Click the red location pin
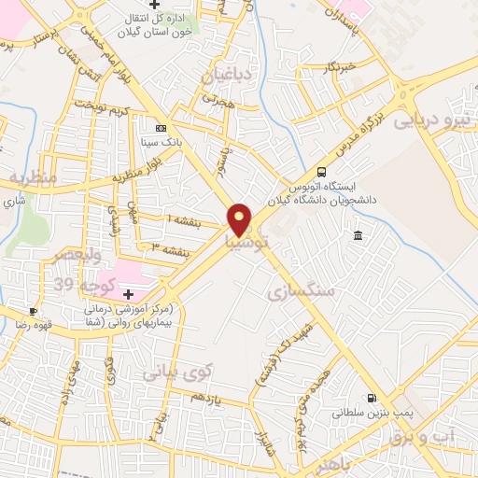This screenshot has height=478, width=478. tap(240, 218)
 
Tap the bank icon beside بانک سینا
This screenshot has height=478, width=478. tap(161, 128)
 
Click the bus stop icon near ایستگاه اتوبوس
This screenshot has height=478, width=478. tap(322, 172)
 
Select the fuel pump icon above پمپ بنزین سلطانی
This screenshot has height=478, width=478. tap(373, 397)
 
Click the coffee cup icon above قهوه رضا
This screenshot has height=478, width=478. tap(35, 311)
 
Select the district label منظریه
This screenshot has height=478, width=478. tap(34, 176)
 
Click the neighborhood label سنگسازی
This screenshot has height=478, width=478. tap(301, 292)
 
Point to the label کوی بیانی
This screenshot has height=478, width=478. tap(178, 372)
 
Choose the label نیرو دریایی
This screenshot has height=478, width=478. tap(429, 119)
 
